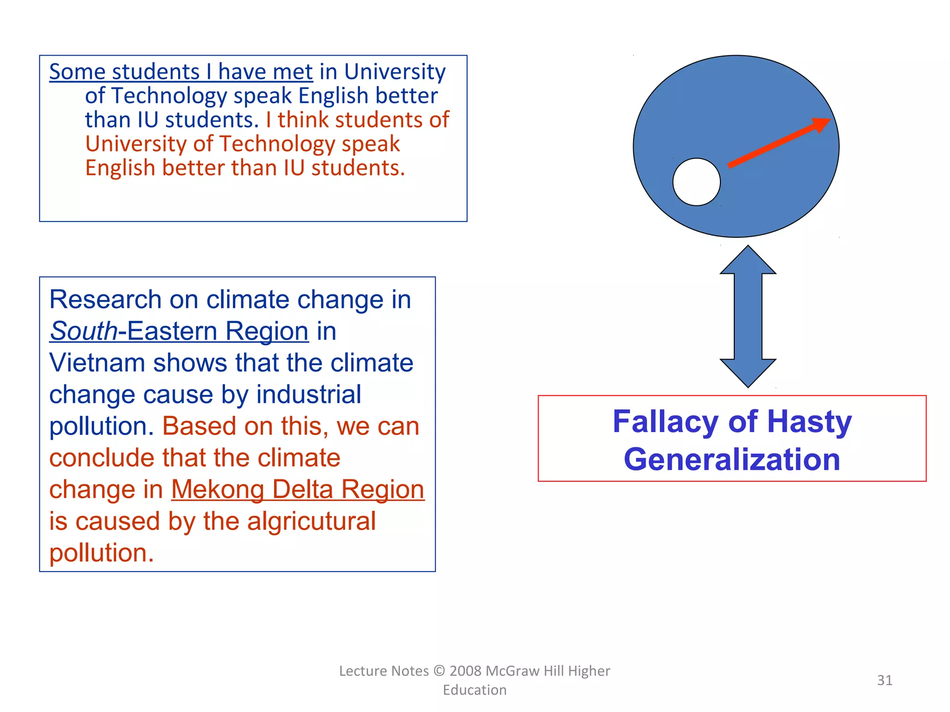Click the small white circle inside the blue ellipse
point(696,182)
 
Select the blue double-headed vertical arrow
point(748,316)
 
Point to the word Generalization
point(732,459)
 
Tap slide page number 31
point(884,680)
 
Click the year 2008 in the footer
point(465,671)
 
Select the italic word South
point(83,331)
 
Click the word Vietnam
point(97,362)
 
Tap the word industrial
point(308,394)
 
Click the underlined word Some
point(77,72)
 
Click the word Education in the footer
point(475,690)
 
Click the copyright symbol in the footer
point(439,671)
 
